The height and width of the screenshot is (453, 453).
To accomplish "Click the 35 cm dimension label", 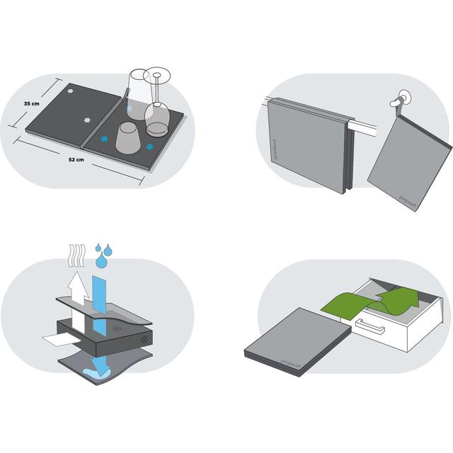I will click(30, 103).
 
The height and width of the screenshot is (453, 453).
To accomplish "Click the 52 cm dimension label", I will click(76, 161).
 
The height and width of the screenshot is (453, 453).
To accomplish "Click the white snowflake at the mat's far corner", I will click(70, 91).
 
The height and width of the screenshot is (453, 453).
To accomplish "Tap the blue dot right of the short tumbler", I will click(149, 147).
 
